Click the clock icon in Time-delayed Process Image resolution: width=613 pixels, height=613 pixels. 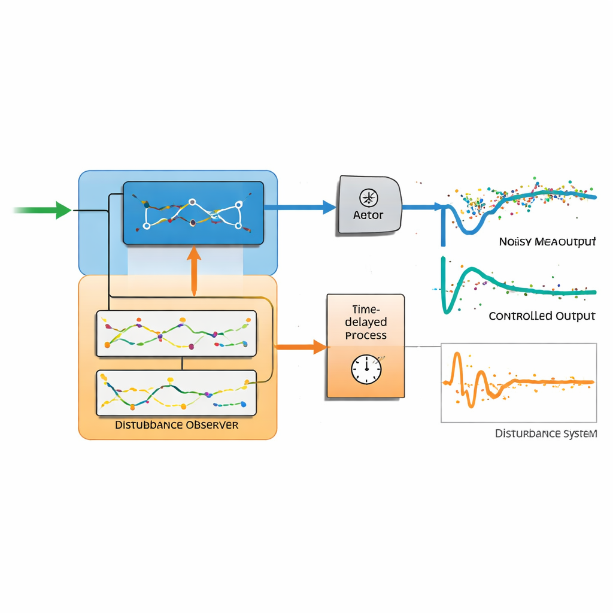tap(366, 369)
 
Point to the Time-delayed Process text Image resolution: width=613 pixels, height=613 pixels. tap(366, 323)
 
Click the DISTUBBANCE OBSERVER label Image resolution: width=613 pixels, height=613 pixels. tap(177, 425)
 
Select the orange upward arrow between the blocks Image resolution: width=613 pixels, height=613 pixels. tap(193, 270)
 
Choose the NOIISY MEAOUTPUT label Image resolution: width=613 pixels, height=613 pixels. tap(547, 242)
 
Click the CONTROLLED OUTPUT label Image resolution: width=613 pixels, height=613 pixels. tap(542, 316)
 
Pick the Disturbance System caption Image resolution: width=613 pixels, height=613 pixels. tap(545, 433)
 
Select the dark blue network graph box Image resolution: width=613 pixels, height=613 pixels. tap(193, 213)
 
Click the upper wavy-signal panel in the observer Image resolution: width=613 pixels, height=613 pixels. tap(176, 333)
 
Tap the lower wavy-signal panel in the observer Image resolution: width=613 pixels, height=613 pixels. tap(176, 393)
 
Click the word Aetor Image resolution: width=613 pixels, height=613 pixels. tap(368, 215)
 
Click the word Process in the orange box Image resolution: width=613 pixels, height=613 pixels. tap(366, 336)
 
